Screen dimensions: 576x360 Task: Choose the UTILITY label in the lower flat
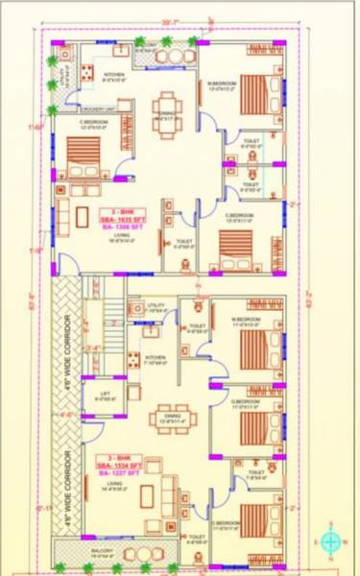(156, 303)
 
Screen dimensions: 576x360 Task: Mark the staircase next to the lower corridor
(105, 326)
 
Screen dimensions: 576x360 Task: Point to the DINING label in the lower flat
(169, 417)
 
